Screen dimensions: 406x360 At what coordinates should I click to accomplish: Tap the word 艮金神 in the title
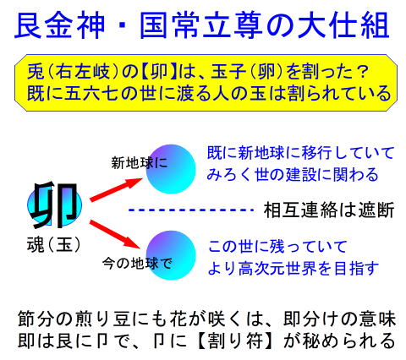coord(60,25)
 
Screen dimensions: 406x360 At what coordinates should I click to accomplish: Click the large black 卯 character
coord(54,205)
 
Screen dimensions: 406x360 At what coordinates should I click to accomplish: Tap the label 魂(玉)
coord(53,244)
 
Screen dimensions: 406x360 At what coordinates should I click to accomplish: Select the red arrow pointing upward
coord(116,189)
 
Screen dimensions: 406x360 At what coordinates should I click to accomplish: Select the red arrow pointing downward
coord(115,234)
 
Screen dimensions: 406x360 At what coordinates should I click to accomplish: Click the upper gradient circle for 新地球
coord(171,169)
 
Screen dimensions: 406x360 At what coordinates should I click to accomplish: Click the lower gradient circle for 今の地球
coord(171,255)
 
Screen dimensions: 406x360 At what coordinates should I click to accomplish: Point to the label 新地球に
coord(139,163)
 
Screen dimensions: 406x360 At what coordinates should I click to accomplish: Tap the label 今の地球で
coord(137,264)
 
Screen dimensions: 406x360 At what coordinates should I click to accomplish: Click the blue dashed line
coord(191,210)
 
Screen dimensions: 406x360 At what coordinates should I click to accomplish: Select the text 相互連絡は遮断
coord(329,210)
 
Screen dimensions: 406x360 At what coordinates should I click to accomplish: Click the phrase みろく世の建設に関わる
coord(293,175)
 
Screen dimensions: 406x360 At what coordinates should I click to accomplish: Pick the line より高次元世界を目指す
coord(294,268)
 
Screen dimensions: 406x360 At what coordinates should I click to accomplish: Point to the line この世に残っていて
coord(277,247)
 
